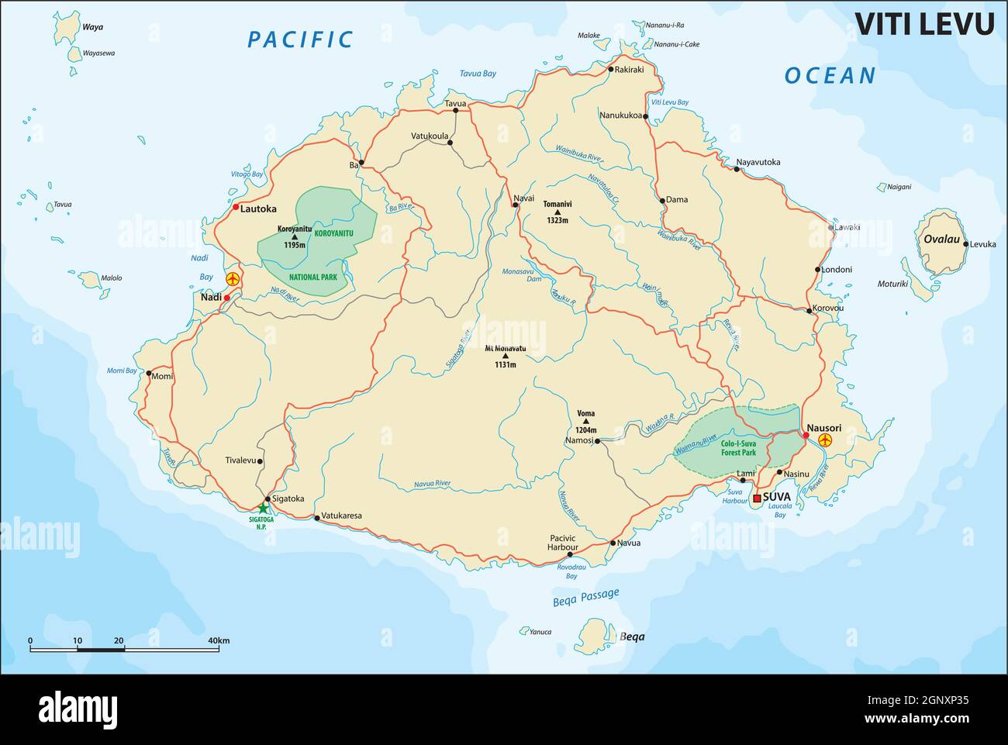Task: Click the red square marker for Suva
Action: (757, 498)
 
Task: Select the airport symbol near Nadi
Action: (231, 278)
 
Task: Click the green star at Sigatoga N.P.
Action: (264, 508)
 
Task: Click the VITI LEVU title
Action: (924, 23)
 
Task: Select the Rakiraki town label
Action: (630, 70)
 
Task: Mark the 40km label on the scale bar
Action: (218, 640)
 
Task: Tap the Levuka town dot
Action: (966, 244)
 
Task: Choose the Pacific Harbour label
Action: (563, 543)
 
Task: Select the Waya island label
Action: (93, 27)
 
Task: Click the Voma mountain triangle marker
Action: (585, 422)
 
